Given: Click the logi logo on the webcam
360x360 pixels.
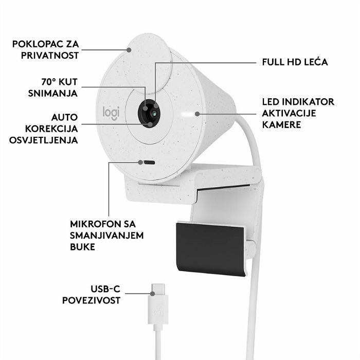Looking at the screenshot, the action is [x=111, y=113].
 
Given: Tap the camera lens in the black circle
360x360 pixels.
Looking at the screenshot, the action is [x=154, y=113].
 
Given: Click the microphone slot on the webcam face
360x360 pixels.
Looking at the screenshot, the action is [x=149, y=163].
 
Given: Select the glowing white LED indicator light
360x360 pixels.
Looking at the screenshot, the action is [x=187, y=114].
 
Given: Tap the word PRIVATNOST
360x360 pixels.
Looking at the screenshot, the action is [x=50, y=56].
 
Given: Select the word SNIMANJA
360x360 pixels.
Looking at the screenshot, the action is [x=53, y=94].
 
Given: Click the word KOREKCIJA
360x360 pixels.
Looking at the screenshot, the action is [x=51, y=129].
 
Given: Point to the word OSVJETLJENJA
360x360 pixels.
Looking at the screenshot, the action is [x=44, y=140].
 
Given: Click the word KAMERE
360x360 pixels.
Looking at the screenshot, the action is [x=281, y=124].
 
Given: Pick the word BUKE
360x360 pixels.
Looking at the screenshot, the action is [x=82, y=247].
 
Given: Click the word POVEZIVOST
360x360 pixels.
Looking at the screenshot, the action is [x=91, y=300].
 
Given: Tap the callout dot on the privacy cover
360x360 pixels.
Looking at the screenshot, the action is [x=129, y=50].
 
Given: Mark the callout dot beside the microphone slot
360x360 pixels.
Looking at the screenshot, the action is [x=140, y=163].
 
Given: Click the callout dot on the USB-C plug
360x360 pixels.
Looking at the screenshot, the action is [x=152, y=294].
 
